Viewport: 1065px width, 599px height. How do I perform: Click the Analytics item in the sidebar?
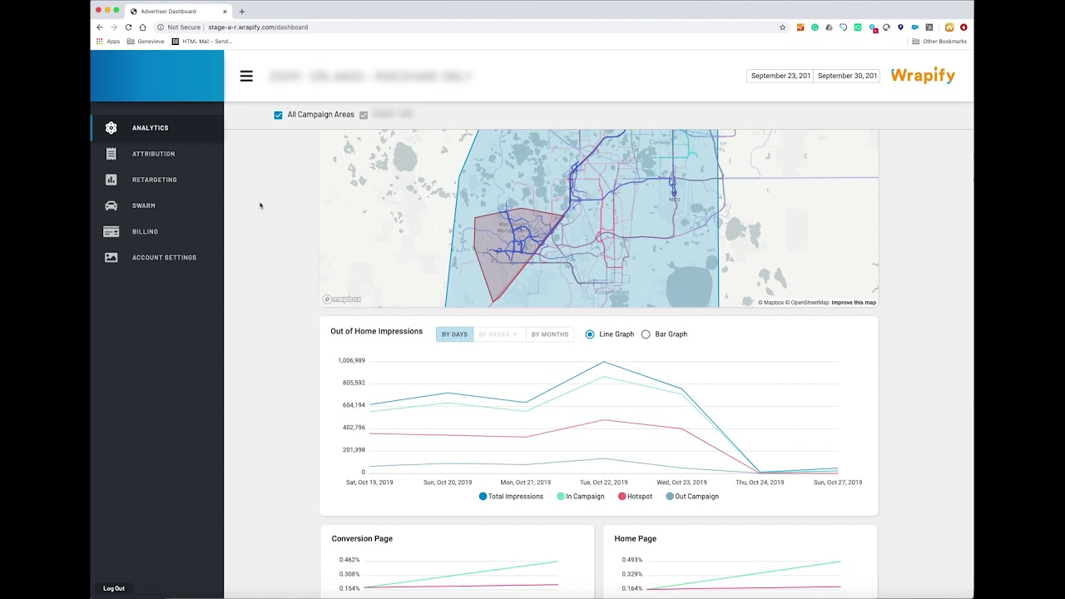coord(150,128)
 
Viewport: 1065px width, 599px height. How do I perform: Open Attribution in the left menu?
coord(153,154)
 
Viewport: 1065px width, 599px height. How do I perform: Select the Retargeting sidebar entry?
coord(154,180)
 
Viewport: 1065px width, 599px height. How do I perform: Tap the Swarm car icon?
coord(111,205)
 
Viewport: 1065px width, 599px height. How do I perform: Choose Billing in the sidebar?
coord(145,231)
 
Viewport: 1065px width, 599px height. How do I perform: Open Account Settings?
coord(164,258)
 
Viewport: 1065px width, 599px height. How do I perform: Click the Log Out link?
coord(114,588)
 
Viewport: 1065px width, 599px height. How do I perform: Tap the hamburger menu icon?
coord(246,76)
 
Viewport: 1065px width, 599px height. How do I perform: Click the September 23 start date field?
coord(780,76)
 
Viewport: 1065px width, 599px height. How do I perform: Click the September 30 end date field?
coord(846,76)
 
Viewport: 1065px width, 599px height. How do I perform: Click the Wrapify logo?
coord(923,76)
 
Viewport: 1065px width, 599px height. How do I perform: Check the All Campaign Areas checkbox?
coord(278,115)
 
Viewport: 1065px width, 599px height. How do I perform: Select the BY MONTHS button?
coord(550,334)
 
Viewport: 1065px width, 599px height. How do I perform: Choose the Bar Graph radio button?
coord(646,334)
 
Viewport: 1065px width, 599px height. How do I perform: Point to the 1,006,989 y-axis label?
coord(351,361)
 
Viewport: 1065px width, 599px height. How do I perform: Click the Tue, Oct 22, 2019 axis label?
coord(603,483)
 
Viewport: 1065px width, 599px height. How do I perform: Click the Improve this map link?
coord(854,303)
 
